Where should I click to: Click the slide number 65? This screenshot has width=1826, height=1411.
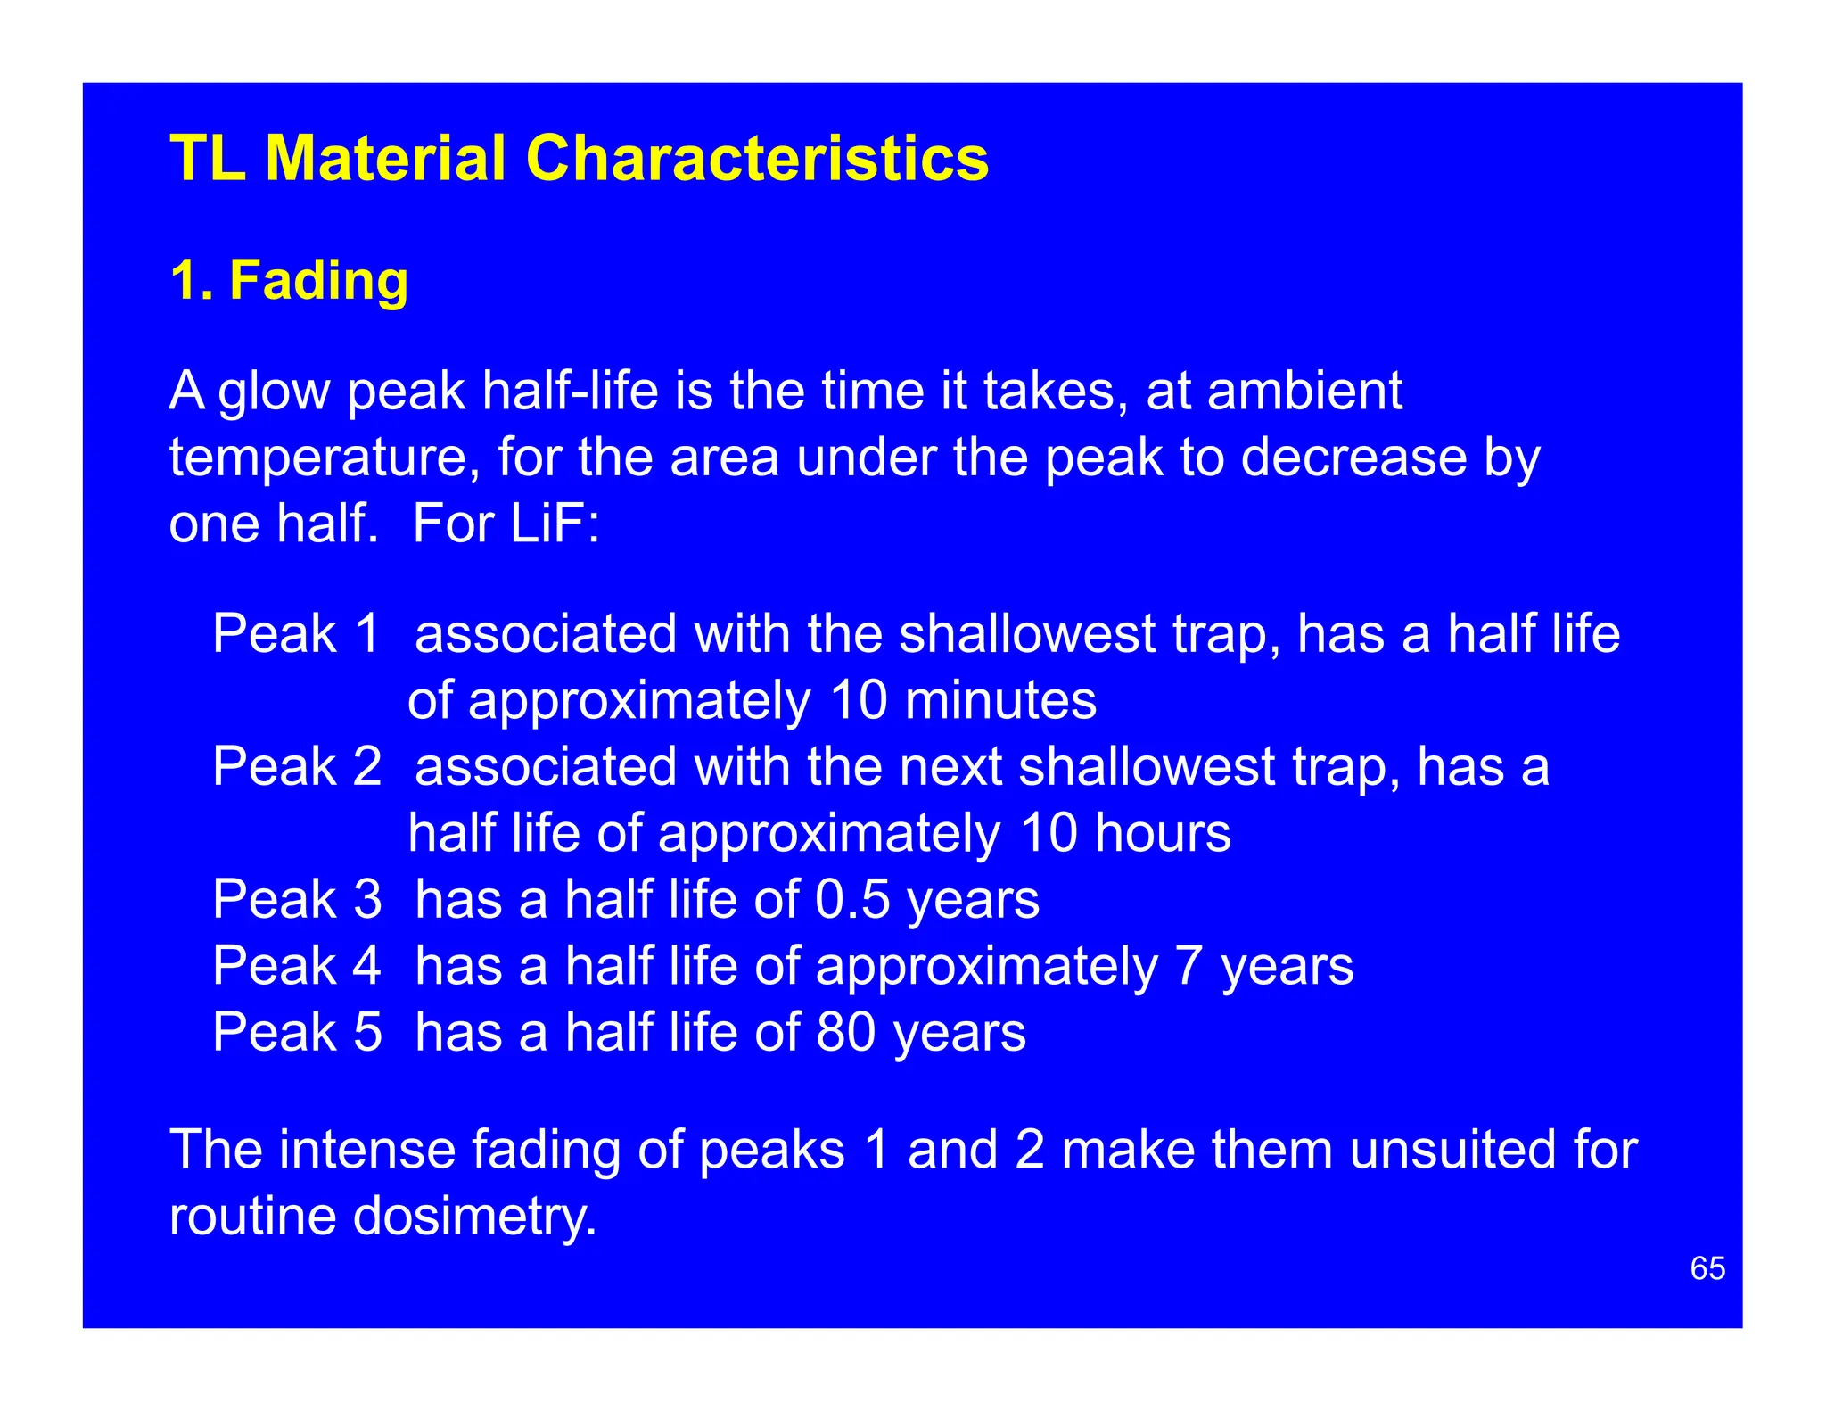click(x=1707, y=1268)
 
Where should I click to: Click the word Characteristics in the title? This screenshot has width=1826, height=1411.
click(x=756, y=159)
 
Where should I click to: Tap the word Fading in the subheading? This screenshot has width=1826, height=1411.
click(x=318, y=281)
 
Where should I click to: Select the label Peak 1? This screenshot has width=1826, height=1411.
click(x=297, y=634)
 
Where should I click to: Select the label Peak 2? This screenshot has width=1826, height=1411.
click(x=297, y=766)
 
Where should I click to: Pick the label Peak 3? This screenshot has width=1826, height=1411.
click(x=297, y=899)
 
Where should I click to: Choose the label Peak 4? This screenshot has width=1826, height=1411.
click(x=297, y=965)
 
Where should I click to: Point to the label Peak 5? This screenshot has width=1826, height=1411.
click(x=297, y=1032)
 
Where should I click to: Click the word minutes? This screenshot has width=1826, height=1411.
click(x=1000, y=700)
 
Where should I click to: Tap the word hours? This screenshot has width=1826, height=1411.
click(x=1163, y=833)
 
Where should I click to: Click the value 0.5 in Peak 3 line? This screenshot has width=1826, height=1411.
click(x=852, y=899)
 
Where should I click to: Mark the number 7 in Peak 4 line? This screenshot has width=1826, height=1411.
click(x=1189, y=965)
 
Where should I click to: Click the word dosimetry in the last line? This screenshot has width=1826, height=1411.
click(x=474, y=1216)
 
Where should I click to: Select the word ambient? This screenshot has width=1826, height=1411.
click(x=1305, y=391)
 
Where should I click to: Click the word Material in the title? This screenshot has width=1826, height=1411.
click(x=385, y=159)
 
